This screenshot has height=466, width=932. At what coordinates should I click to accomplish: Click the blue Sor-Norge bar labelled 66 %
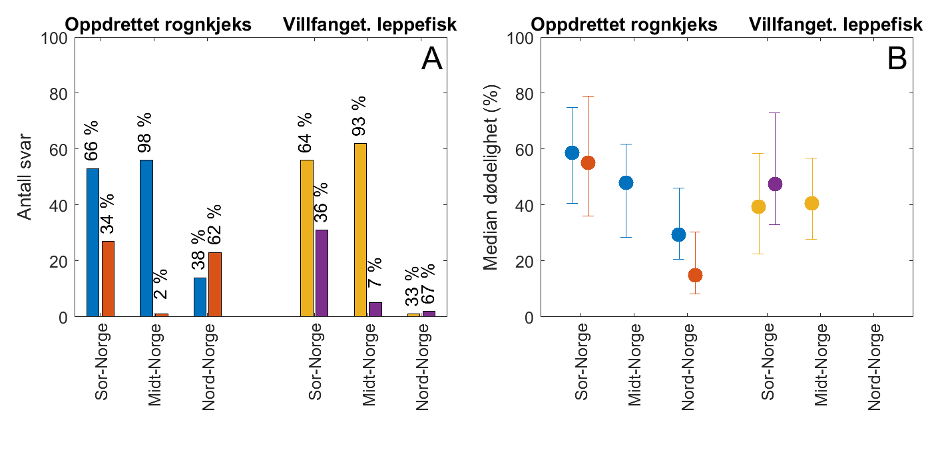coord(93,243)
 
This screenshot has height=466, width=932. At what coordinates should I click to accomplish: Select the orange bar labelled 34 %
coord(108,279)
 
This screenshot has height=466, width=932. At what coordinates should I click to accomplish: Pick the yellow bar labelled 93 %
coord(360,230)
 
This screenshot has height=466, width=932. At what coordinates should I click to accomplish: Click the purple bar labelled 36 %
coord(322,273)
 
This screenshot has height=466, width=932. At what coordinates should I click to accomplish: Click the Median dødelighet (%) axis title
coord(491,177)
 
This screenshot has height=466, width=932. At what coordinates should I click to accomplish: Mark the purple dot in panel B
coord(775,184)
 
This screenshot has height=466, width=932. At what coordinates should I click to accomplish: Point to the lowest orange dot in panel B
coord(695,275)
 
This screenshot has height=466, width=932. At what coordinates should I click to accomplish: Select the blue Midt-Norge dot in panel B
coord(626,183)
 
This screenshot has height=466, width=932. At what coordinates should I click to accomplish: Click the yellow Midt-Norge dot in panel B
coord(812,204)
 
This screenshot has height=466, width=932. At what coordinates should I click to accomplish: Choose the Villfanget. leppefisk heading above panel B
coord(835,25)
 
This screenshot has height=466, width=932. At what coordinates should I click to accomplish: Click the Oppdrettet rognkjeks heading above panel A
coord(158,25)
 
